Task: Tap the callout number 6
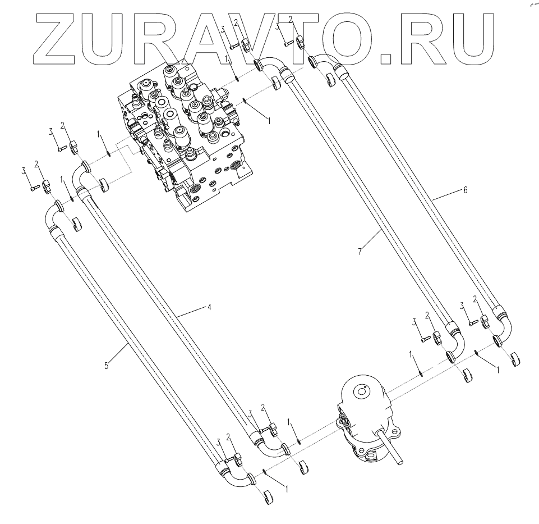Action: [x=465, y=190]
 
